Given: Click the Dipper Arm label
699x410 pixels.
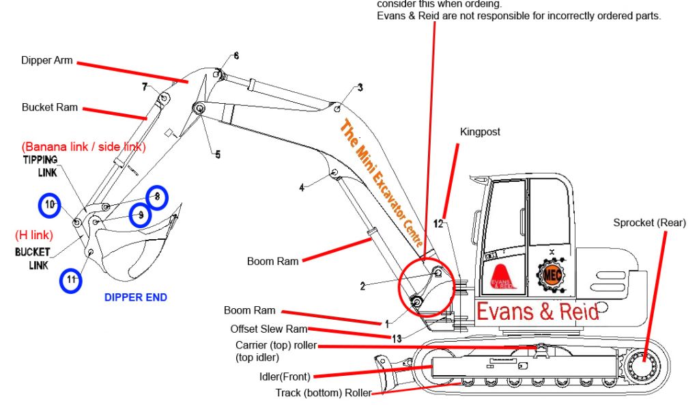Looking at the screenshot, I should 46,61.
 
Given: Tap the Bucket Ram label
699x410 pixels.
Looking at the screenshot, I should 50,107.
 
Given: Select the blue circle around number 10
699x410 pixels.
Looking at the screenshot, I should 49,204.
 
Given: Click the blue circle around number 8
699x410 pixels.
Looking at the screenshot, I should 157,197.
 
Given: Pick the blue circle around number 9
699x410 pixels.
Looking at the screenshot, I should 141,215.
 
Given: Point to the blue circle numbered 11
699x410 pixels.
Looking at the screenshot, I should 70,281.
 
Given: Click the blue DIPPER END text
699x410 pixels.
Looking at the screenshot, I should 135,297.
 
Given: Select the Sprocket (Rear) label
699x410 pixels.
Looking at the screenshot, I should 649,223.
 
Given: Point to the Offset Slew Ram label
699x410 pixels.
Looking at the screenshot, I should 268,329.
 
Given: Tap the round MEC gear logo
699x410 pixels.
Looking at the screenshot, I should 551,275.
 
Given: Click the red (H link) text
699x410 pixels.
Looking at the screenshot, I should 33,235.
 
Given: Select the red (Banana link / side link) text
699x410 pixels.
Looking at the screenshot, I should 83,147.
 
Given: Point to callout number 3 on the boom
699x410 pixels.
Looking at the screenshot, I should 360,87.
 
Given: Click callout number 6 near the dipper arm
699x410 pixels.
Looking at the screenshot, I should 236,56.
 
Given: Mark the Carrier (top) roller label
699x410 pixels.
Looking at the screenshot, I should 276,346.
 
